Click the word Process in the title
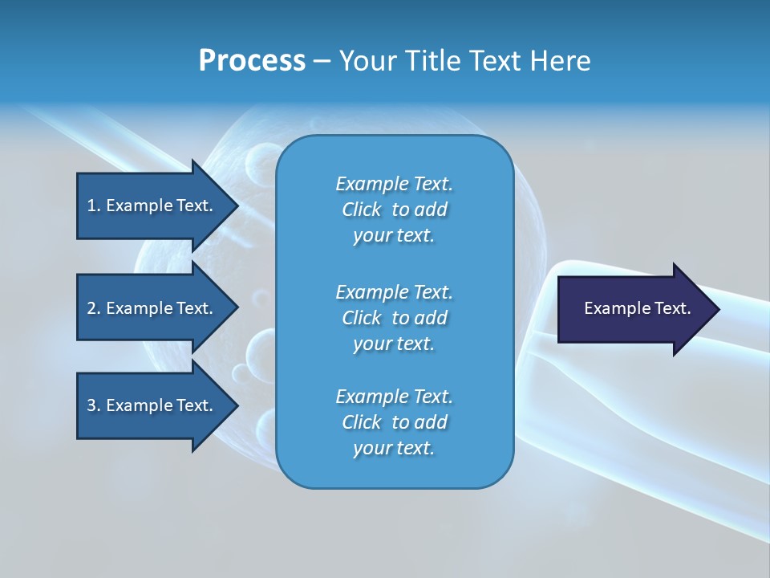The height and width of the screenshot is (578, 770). point(252,61)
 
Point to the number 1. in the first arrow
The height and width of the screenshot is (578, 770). point(94,206)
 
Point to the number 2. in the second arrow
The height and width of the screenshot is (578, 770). point(94,308)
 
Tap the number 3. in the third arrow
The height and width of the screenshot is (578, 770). point(94,405)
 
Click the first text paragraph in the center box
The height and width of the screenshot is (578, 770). point(394,210)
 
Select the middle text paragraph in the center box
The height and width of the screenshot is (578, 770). point(394,317)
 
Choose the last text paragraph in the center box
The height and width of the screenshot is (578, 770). point(394,422)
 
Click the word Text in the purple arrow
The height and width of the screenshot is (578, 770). point(672,308)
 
